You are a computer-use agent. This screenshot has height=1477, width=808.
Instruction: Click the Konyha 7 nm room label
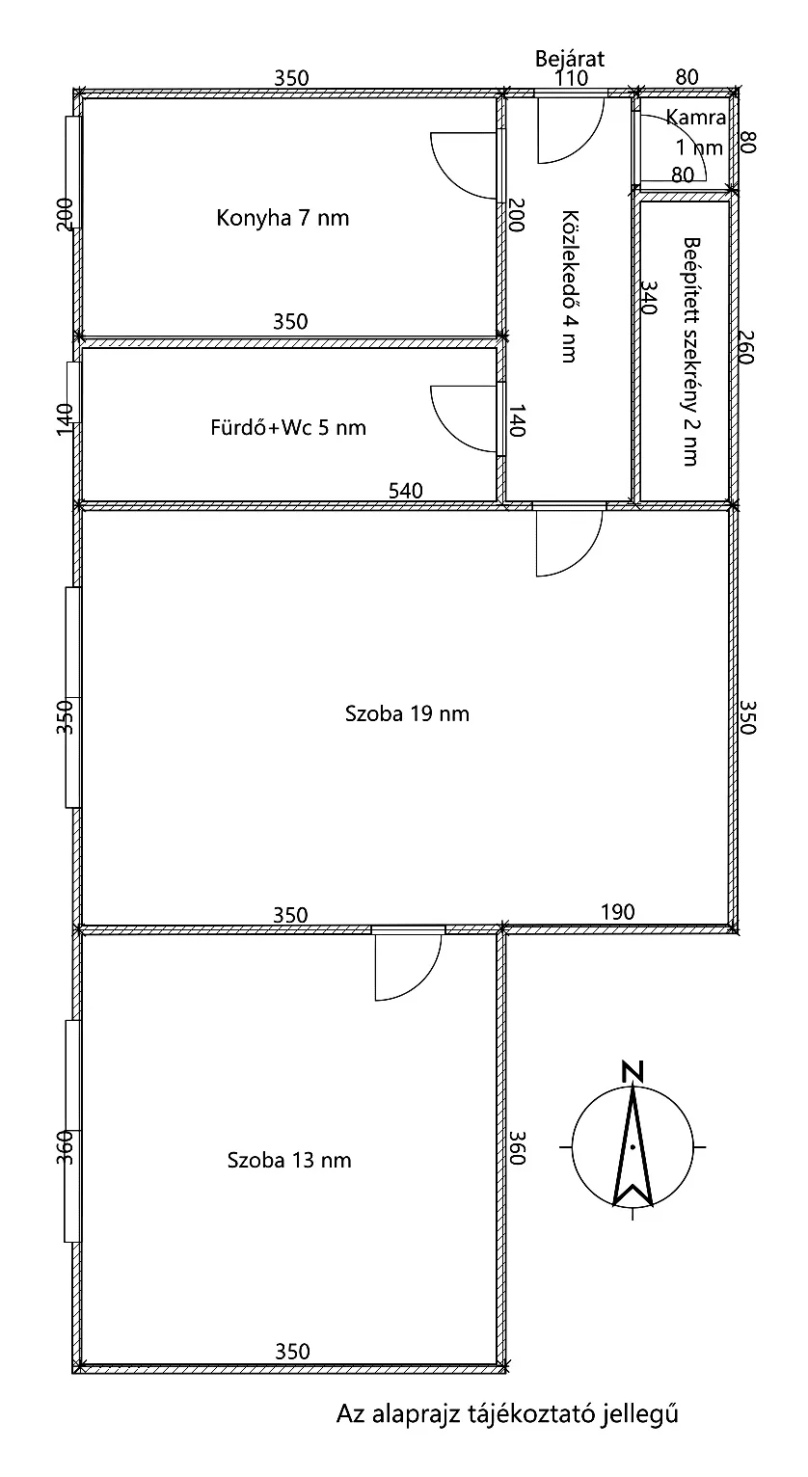tap(283, 218)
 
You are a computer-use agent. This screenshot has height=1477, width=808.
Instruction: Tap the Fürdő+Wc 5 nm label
tap(288, 427)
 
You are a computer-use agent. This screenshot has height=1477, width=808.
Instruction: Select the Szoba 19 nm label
tap(407, 713)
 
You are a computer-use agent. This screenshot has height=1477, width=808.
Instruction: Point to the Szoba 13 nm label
tap(289, 1160)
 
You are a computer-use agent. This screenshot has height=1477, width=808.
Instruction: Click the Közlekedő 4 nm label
tap(569, 286)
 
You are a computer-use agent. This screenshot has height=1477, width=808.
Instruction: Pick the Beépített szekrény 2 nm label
tap(690, 352)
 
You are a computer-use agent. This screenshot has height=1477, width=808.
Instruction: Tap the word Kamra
tap(696, 118)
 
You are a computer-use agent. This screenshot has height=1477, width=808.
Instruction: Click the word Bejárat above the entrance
tap(569, 59)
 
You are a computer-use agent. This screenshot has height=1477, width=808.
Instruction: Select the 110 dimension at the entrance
tap(571, 78)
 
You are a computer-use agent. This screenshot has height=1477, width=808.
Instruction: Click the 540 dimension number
tap(406, 491)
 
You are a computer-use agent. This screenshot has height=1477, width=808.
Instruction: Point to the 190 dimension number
tap(617, 912)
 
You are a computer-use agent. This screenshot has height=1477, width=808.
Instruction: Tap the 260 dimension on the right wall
tap(745, 347)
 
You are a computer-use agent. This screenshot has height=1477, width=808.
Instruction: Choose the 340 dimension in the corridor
tap(649, 297)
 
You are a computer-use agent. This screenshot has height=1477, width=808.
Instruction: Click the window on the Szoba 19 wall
tap(72, 697)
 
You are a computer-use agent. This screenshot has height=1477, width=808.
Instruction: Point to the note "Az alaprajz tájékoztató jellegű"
tap(507, 1414)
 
